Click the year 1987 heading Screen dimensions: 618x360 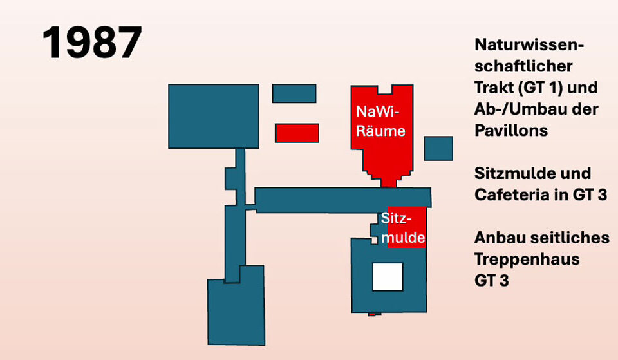[92, 43]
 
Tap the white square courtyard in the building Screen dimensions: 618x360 [388, 277]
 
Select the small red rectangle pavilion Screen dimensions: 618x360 [297, 133]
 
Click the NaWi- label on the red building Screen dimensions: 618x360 [378, 111]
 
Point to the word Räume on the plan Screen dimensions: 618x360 [380, 131]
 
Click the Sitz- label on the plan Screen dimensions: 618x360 [396, 218]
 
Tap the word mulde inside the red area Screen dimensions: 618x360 [403, 238]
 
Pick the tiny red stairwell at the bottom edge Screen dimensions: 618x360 [371, 314]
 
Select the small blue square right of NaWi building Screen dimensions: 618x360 [438, 148]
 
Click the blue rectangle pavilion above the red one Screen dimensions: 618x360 [294, 93]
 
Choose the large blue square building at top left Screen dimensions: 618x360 [214, 117]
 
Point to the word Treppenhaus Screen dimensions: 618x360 [527, 260]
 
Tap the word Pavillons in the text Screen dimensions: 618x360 [511, 130]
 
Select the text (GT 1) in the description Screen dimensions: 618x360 [539, 88]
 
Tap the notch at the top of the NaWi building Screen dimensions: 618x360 [385, 90]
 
